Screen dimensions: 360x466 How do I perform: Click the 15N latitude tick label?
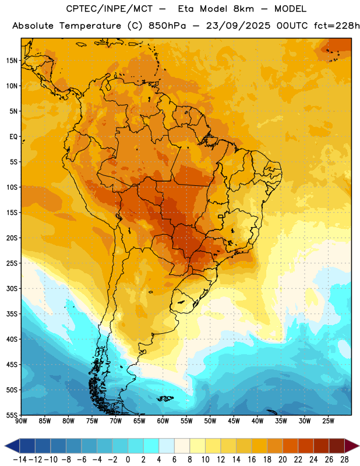click(x=12, y=61)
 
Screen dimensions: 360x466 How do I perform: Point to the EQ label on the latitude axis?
click(x=13, y=137)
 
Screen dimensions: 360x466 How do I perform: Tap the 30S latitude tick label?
click(x=12, y=288)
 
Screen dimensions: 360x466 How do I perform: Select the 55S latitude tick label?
click(x=12, y=415)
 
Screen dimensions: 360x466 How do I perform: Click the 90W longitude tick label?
click(x=21, y=421)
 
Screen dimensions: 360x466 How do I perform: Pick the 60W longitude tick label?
click(x=163, y=421)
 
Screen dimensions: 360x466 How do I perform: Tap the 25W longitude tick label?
click(x=328, y=421)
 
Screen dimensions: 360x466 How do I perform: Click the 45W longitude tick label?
click(x=234, y=421)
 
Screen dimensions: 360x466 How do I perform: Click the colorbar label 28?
click(x=344, y=460)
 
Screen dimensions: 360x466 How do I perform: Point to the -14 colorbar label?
click(x=20, y=460)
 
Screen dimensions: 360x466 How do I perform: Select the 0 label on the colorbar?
click(x=128, y=460)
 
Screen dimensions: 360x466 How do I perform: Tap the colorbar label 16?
click(x=252, y=460)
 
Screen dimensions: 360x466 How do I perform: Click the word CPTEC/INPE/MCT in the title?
click(x=110, y=9)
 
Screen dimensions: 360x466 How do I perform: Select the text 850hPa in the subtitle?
click(x=167, y=26)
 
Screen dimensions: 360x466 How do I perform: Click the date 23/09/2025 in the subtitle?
click(x=238, y=26)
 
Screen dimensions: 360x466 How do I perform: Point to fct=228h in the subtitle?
click(x=337, y=26)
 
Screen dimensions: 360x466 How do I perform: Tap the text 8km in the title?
click(x=243, y=9)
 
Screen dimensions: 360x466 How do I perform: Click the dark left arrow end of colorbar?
click(x=12, y=446)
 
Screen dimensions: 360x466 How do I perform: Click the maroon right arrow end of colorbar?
click(x=352, y=446)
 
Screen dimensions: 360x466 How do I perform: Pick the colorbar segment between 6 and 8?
click(x=182, y=446)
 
